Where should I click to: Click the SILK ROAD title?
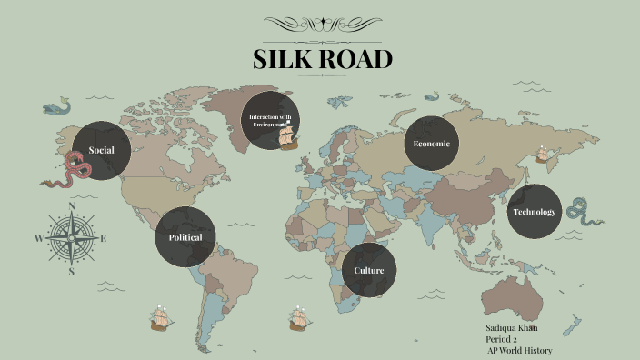323,59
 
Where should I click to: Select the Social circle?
101,150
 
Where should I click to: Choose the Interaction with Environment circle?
271,121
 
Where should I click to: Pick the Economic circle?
431,144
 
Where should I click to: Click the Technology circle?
534,212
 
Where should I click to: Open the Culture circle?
369,270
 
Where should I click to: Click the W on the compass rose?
38,239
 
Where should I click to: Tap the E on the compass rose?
104,239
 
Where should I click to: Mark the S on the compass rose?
72,270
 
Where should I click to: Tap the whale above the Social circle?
56,107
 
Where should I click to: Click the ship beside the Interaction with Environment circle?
288,138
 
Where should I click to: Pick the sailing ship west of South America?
161,317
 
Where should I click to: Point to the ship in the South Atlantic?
298,317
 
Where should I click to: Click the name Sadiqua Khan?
513,326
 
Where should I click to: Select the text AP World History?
519,351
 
